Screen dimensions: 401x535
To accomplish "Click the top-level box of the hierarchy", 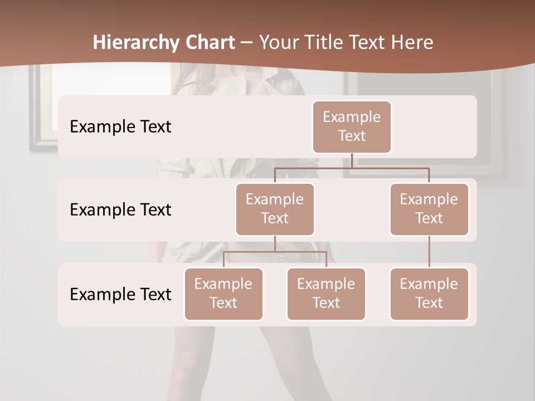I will pos(352,126).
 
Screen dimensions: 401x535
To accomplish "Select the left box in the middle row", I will pos(275,209).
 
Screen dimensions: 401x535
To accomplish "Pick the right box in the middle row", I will pos(429,209).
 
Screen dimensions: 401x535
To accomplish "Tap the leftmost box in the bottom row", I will pos(223,294).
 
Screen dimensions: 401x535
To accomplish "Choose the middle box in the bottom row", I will pos(326,294).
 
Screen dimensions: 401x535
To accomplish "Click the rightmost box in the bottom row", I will pos(429,294).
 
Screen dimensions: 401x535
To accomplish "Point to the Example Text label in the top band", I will pos(120,127).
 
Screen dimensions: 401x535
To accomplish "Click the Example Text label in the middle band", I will pos(120,210).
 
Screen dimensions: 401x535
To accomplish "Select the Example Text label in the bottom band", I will pos(120,294).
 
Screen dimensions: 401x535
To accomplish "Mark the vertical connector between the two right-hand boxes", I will pos(429,251).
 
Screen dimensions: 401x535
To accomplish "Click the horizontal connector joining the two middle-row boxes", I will pos(352,168).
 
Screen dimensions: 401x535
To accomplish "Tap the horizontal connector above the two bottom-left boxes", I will pos(275,252).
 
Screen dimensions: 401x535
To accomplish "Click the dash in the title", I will pos(247,43).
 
